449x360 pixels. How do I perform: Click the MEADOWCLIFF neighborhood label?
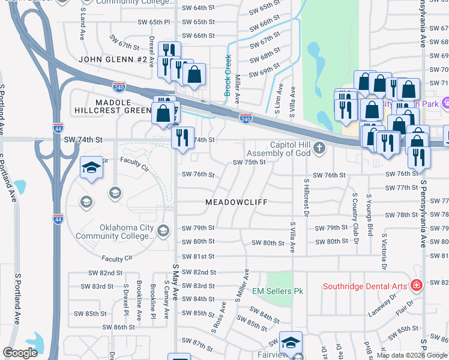[236, 203]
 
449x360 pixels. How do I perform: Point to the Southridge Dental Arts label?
[366, 285]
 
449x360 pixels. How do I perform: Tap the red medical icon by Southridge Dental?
[415, 284]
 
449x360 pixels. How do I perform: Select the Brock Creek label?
[228, 75]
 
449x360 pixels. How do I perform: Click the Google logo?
[20, 353]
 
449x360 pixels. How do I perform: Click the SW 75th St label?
[249, 162]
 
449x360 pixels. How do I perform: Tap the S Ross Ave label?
[218, 317]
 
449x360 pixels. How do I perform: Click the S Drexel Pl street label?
[126, 301]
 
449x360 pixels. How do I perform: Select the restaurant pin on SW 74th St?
[183, 137]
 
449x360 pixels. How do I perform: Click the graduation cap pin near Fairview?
[291, 343]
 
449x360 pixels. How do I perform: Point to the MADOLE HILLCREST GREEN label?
[113, 106]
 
